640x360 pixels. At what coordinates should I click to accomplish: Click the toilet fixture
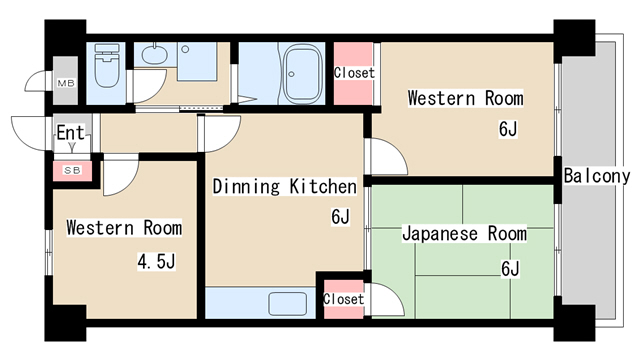[107, 65]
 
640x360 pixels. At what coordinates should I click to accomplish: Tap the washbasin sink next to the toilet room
[154, 54]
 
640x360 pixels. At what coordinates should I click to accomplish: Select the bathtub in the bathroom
[302, 73]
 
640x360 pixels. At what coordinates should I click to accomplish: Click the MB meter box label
[66, 84]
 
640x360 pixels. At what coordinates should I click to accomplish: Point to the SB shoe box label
[72, 170]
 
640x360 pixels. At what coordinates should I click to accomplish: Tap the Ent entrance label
[70, 133]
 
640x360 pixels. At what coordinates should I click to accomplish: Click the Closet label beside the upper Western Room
[354, 73]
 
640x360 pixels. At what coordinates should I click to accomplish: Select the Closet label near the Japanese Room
[343, 299]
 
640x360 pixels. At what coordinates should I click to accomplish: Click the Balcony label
[597, 176]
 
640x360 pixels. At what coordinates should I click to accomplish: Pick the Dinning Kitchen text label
[284, 186]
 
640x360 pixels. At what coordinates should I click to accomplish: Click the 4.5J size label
[156, 262]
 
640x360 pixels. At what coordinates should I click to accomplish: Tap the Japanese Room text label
[464, 233]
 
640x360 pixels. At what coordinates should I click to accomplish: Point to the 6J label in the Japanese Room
[510, 269]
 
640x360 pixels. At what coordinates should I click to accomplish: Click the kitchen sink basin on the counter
[288, 304]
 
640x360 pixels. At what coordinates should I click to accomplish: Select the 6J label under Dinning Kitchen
[340, 216]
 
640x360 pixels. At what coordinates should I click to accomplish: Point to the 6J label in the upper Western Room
[508, 129]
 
